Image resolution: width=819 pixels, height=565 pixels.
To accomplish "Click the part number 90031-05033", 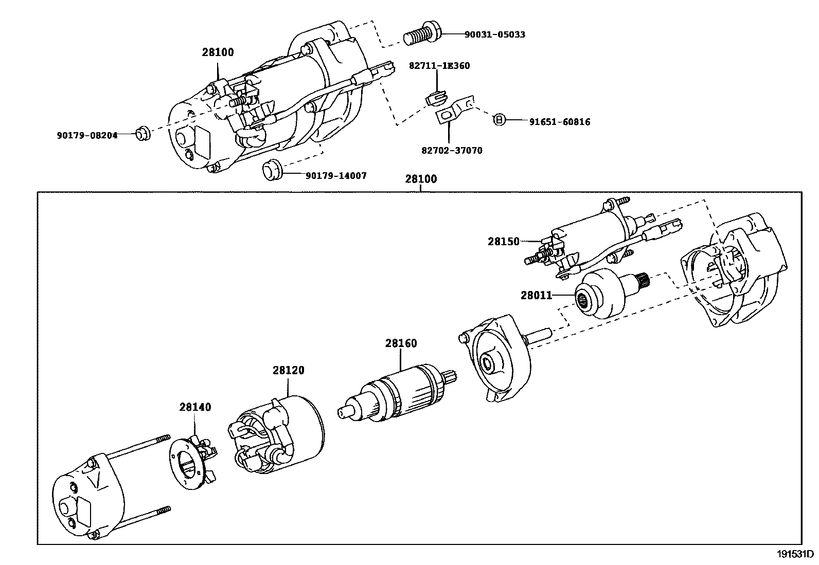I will (x=494, y=34).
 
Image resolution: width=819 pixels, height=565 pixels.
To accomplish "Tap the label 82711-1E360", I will (x=439, y=66).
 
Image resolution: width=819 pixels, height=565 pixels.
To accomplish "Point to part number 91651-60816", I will (x=560, y=122).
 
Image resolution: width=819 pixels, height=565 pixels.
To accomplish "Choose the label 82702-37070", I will (x=452, y=151).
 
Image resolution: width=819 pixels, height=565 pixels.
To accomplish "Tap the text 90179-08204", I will (x=87, y=135).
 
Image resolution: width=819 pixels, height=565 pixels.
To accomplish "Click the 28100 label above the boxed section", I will (x=421, y=179).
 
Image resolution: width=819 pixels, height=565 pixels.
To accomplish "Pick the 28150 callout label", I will (x=504, y=241).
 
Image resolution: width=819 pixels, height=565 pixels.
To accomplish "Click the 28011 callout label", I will (x=536, y=295).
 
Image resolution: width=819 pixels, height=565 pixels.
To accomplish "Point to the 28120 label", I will (x=288, y=370).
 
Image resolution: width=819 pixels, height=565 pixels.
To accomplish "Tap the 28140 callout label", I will (x=195, y=407).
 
